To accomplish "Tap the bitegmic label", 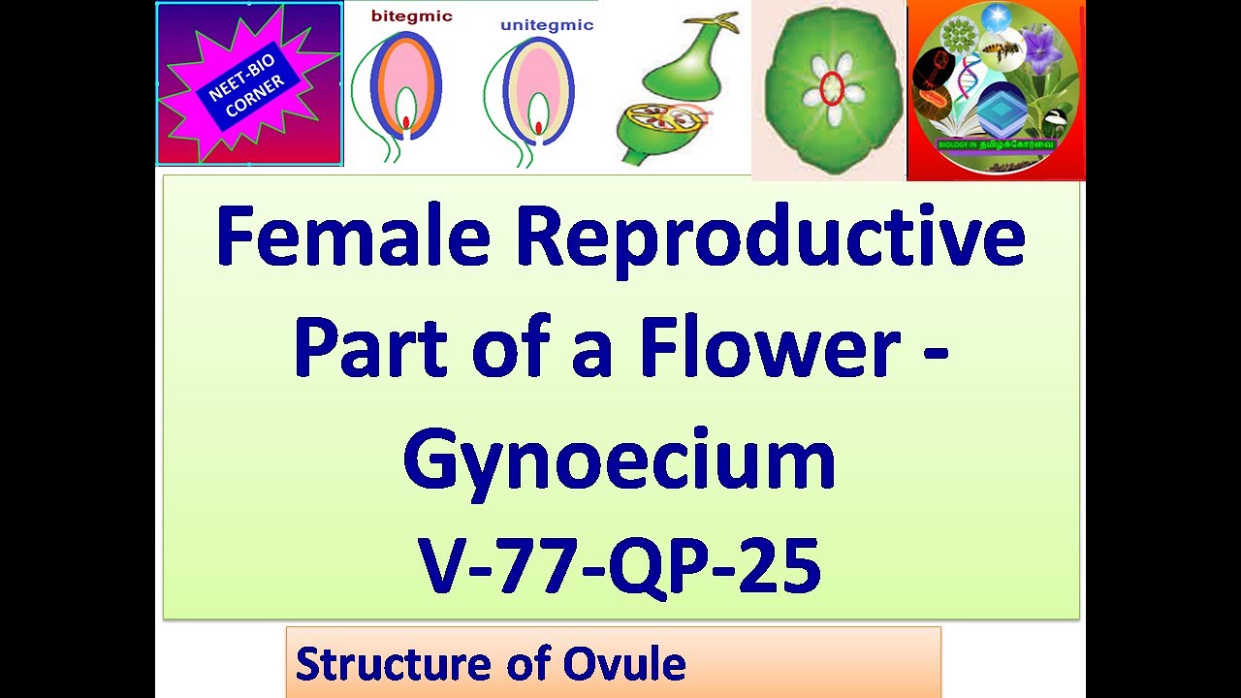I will [411, 16].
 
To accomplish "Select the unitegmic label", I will [547, 25].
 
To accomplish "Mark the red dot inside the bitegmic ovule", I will [406, 121].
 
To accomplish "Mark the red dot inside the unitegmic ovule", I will [540, 126].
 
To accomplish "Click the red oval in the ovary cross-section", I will [831, 89].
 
